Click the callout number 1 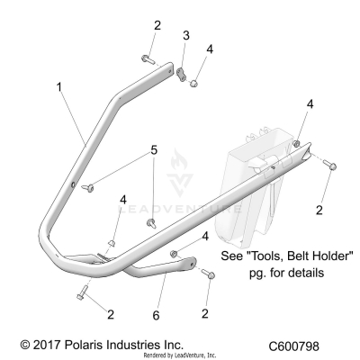click(59, 88)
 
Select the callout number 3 click(186, 35)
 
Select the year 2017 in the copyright click(43, 346)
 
